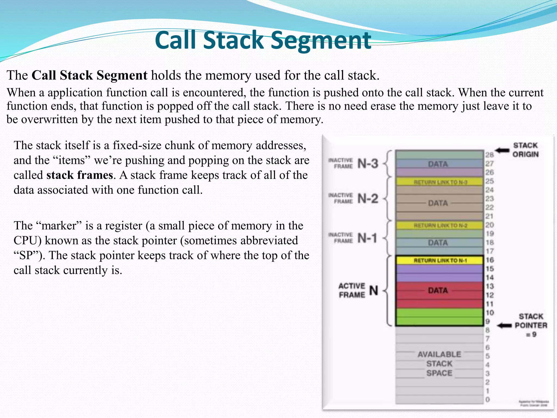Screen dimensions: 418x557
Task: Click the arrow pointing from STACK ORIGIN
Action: coord(502,150)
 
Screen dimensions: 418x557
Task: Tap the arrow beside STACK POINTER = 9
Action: coord(504,325)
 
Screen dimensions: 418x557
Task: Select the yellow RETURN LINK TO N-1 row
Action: coord(440,260)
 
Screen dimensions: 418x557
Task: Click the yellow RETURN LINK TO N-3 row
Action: coord(440,182)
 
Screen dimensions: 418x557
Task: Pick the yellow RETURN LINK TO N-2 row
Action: coord(440,225)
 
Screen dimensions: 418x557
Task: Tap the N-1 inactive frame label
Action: coord(367,238)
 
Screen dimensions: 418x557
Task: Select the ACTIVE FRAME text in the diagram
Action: coord(352,290)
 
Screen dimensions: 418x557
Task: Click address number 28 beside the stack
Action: coord(490,155)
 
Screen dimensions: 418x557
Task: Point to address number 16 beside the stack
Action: coord(490,260)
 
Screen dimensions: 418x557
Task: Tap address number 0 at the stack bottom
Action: coord(488,399)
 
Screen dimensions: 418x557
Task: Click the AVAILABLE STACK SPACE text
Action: coord(439,364)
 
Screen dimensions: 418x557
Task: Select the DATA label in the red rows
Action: coord(438,290)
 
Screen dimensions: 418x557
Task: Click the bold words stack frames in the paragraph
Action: coord(79,175)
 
